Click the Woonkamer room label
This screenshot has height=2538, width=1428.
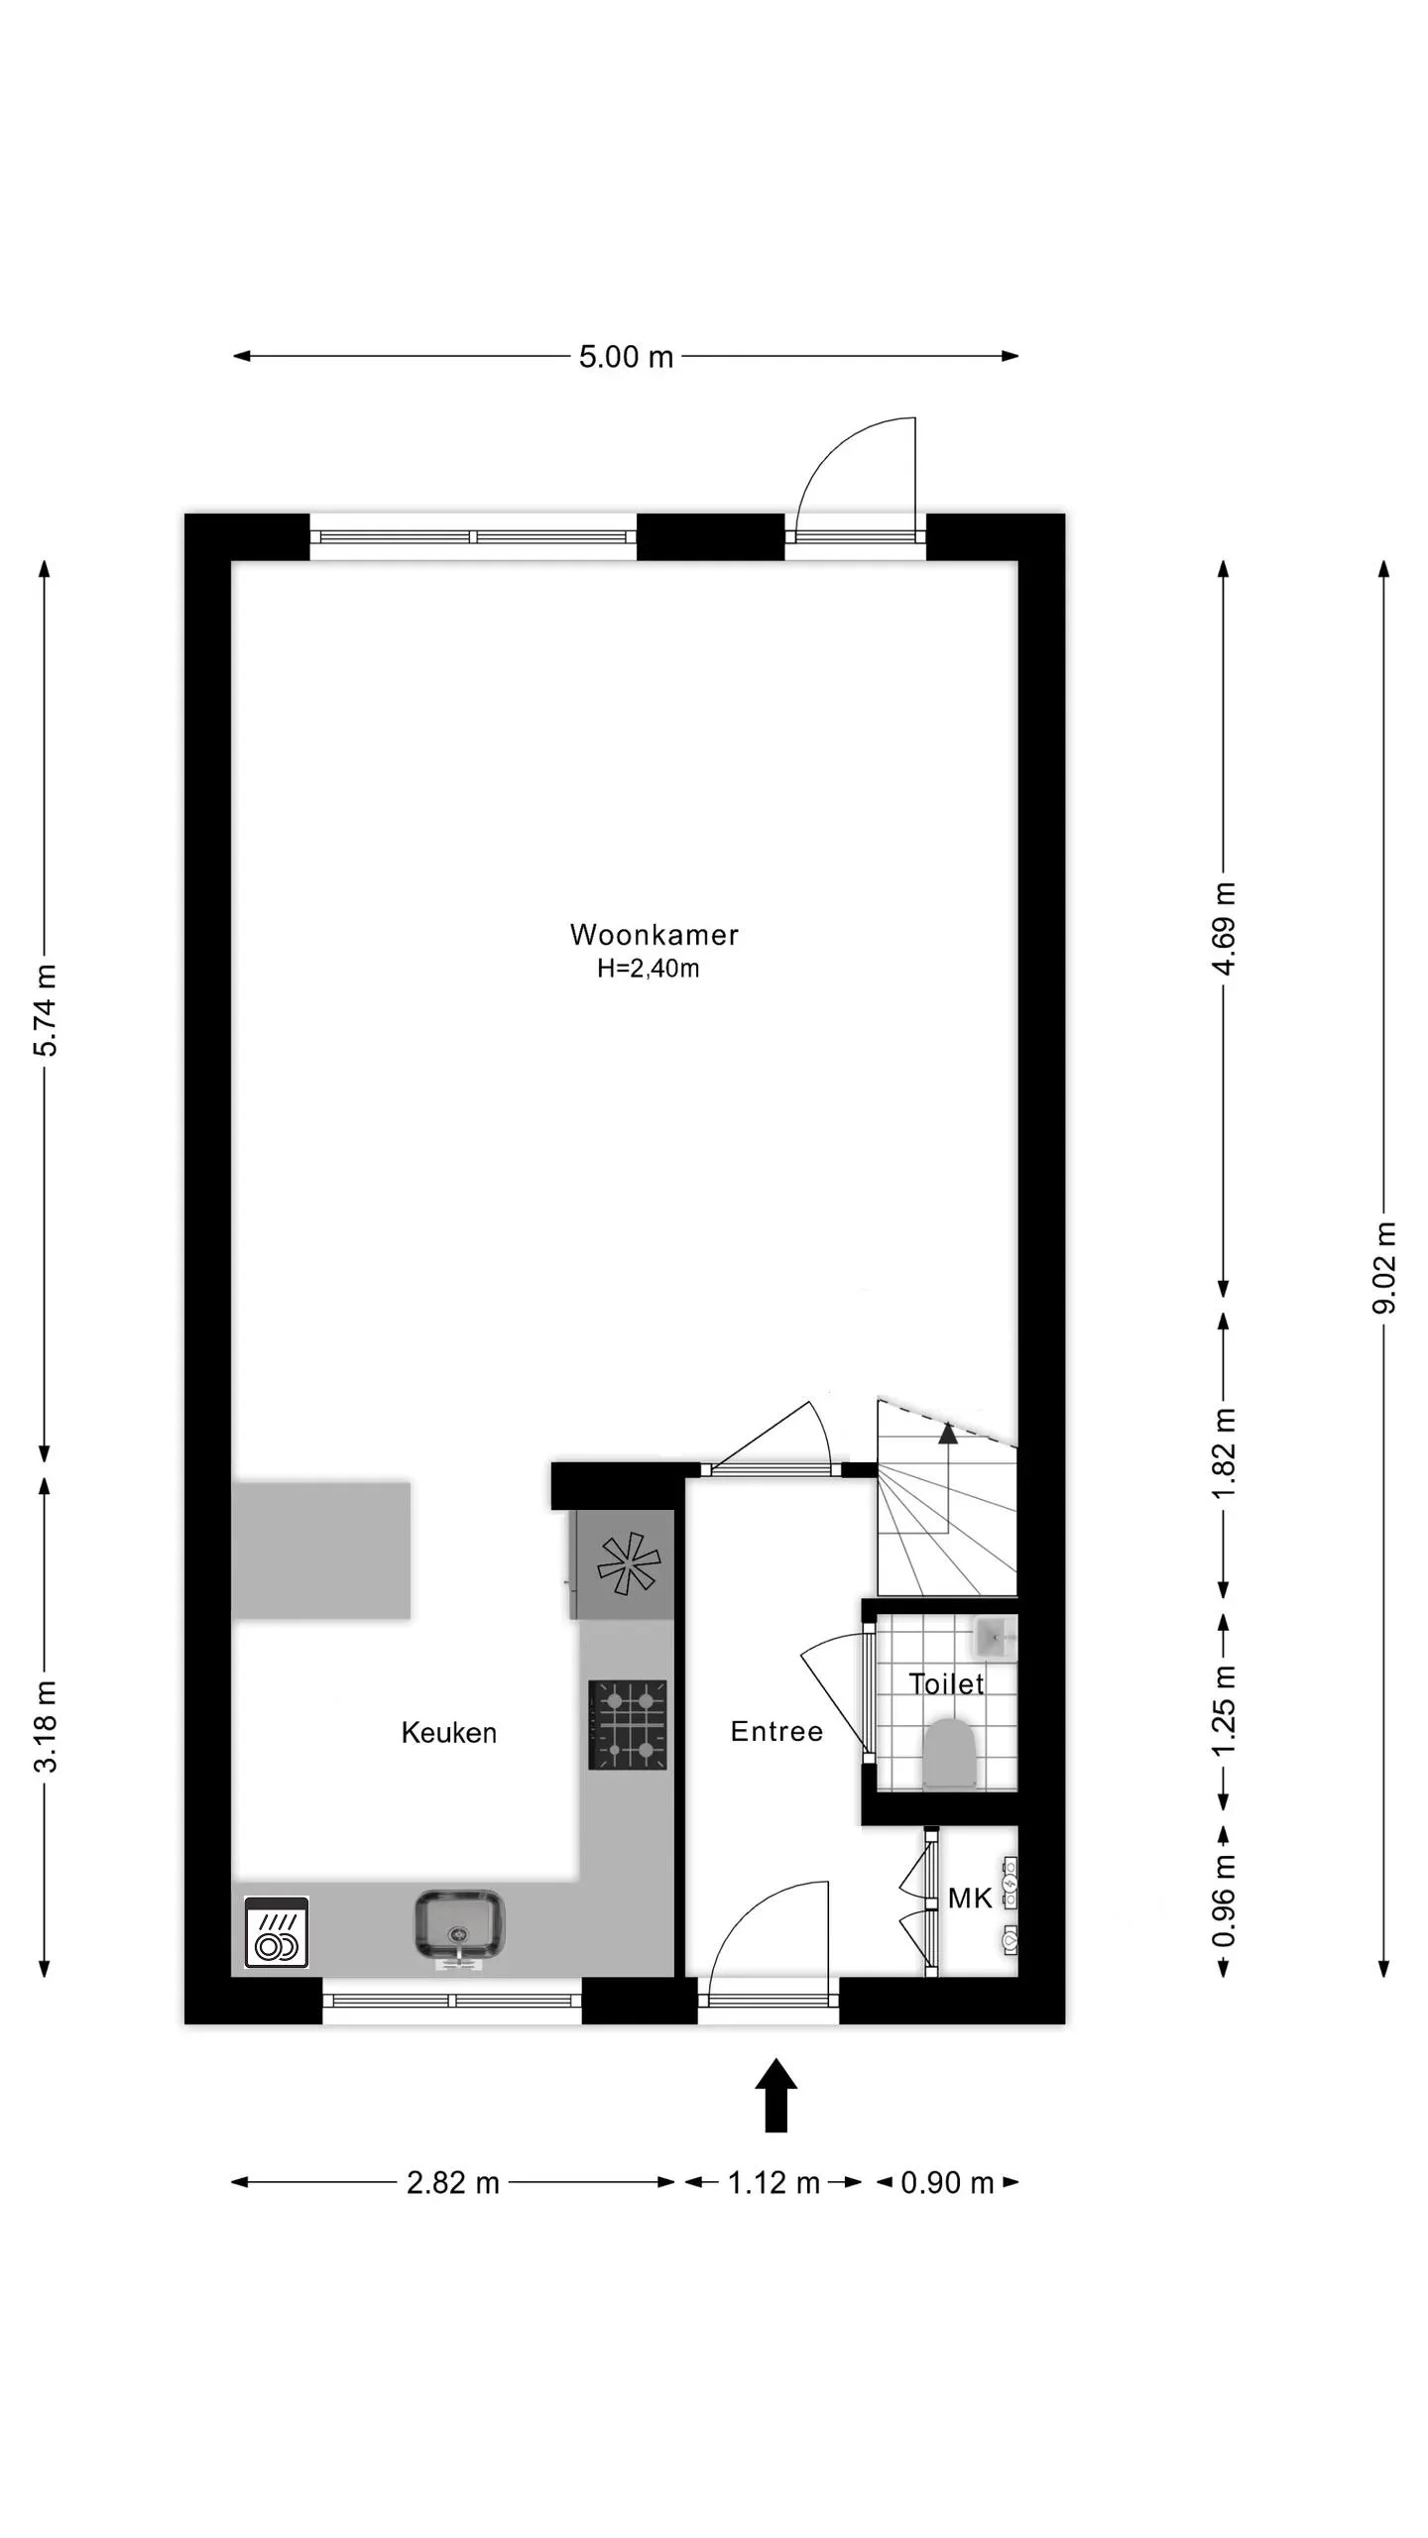pos(654,934)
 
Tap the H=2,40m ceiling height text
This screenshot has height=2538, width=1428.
pos(648,969)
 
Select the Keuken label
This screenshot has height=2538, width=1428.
pos(448,1732)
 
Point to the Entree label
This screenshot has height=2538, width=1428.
pos(776,1731)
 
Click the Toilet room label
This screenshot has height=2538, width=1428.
pos(946,1683)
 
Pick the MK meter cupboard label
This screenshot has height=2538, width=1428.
pos(969,1898)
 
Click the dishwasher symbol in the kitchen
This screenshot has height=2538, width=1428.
pos(277,1932)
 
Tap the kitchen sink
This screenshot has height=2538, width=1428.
pos(458,1924)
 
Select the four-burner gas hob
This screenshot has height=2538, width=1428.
pos(628,1724)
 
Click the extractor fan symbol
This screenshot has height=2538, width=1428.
pos(627,1564)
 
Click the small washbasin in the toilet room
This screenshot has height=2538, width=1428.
pos(995,1637)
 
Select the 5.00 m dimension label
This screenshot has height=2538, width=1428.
pos(626,357)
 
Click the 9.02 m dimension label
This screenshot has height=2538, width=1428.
pos(1384,1268)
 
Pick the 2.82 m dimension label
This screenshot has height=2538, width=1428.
pos(453,2182)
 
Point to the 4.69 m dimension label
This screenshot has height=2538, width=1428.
pos(1225,929)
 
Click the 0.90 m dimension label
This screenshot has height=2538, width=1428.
pos(947,2182)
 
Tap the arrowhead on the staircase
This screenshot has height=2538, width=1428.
pos(948,1432)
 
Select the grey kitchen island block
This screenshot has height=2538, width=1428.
pos(321,1551)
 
